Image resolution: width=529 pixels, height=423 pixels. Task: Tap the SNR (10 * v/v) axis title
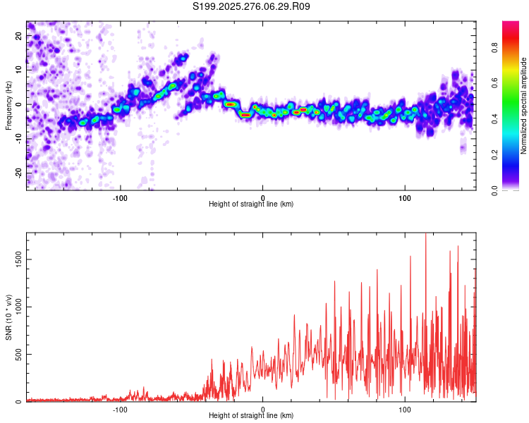tap(8, 317)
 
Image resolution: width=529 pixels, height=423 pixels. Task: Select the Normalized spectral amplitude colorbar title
tap(524, 106)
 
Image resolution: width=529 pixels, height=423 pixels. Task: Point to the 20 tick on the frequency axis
tap(19, 36)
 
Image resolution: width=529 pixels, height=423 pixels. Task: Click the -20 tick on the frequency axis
tap(19, 173)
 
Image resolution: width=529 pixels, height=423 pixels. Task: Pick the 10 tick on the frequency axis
tap(19, 70)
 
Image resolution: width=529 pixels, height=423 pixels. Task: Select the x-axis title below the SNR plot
tap(251, 416)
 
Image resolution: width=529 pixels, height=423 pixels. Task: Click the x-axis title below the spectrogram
tap(251, 204)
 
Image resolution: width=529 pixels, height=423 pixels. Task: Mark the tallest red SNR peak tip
tap(425, 235)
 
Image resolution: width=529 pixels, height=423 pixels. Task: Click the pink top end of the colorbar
tap(511, 24)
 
